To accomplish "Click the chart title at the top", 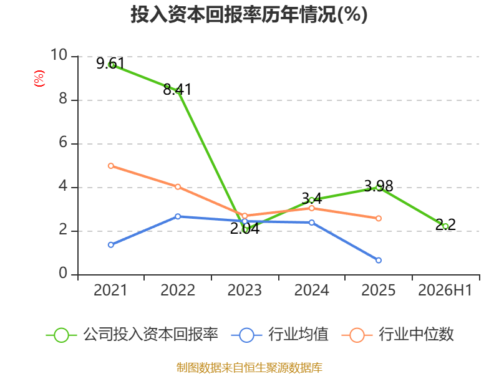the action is pyautogui.click(x=249, y=14).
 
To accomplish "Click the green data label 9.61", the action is pyautogui.click(x=110, y=64).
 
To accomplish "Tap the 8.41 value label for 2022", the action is pyautogui.click(x=177, y=89).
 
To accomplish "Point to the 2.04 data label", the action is pyautogui.click(x=245, y=229).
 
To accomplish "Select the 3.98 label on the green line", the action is pyautogui.click(x=379, y=186).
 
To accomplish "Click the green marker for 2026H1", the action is pyautogui.click(x=445, y=226).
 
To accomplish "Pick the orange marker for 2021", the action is pyautogui.click(x=111, y=166).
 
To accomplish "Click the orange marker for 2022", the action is pyautogui.click(x=178, y=186).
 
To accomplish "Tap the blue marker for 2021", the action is pyautogui.click(x=111, y=244).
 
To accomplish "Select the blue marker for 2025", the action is pyautogui.click(x=379, y=260).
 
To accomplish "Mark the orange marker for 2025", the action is pyautogui.click(x=379, y=219).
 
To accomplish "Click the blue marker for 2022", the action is pyautogui.click(x=178, y=216).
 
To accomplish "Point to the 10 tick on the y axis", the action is pyautogui.click(x=59, y=55).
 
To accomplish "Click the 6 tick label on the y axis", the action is pyautogui.click(x=63, y=142).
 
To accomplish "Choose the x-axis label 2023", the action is pyautogui.click(x=245, y=290).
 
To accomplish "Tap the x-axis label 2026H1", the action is pyautogui.click(x=445, y=290).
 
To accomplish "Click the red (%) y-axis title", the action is pyautogui.click(x=39, y=79).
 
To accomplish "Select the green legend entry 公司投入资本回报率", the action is pyautogui.click(x=132, y=335).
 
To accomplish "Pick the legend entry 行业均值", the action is pyautogui.click(x=279, y=335).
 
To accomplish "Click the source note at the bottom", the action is pyautogui.click(x=249, y=368).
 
